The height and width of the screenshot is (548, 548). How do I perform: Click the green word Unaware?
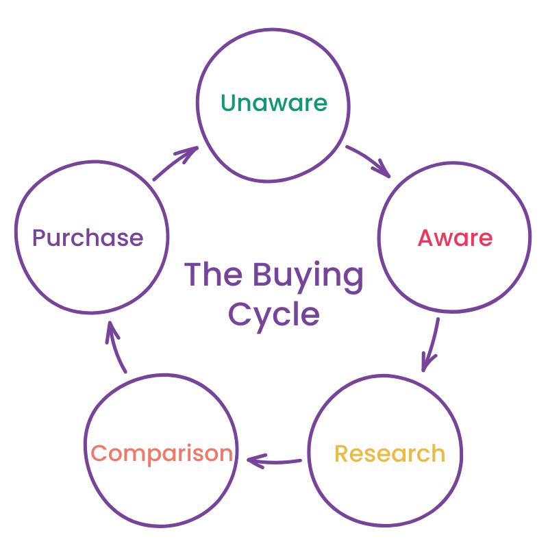click(274, 103)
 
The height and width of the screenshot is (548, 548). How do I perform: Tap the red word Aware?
click(455, 238)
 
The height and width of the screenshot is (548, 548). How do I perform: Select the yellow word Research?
click(389, 453)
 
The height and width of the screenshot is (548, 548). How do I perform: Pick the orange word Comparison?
click(162, 453)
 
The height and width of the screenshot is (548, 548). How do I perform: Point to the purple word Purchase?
click(88, 238)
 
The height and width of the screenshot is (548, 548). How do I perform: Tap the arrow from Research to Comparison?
click(274, 460)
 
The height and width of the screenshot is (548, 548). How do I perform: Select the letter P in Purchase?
click(40, 238)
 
